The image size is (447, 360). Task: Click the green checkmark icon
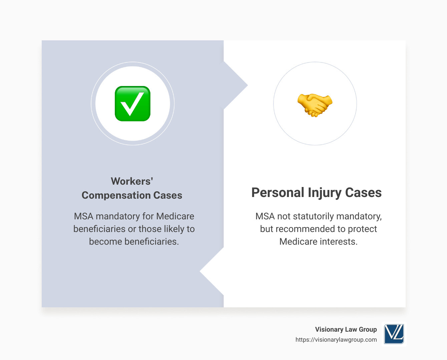tap(133, 104)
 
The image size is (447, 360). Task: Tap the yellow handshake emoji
tap(315, 105)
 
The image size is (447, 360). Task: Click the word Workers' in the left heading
tap(132, 181)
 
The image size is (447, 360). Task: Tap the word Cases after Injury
tap(363, 193)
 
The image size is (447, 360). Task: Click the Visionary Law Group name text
tap(346, 329)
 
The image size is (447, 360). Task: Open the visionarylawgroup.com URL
tap(336, 340)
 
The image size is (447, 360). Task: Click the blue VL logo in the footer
tap(394, 334)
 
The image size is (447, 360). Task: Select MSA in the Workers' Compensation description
tap(84, 216)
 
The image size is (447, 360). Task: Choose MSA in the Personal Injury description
tap(265, 216)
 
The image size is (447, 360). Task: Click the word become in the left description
tap(105, 242)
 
